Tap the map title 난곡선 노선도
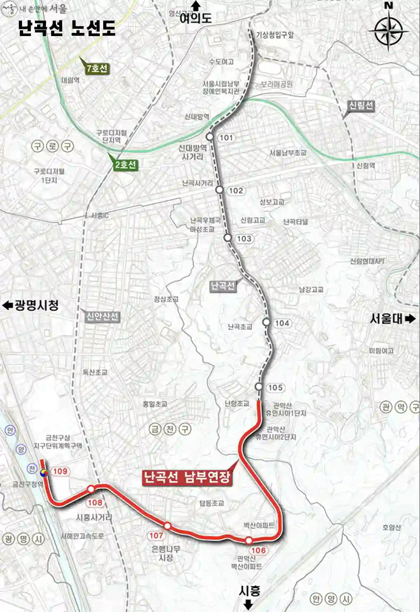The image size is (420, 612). pyautogui.click(x=66, y=28)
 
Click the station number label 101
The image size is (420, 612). pyautogui.click(x=226, y=138)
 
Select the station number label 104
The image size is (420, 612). pyautogui.click(x=282, y=323)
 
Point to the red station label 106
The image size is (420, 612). pyautogui.click(x=258, y=550)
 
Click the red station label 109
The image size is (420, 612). pyautogui.click(x=60, y=471)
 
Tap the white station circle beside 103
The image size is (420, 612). pyautogui.click(x=227, y=238)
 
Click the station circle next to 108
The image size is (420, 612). pyautogui.click(x=91, y=489)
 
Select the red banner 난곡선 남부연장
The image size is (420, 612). pyautogui.click(x=187, y=477)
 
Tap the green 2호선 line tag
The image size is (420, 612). pyautogui.click(x=126, y=165)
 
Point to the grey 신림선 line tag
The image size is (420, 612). pyautogui.click(x=361, y=105)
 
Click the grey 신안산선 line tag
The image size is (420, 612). pyautogui.click(x=102, y=317)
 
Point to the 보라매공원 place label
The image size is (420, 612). pyautogui.click(x=276, y=84)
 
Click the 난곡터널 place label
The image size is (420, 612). pyautogui.click(x=295, y=222)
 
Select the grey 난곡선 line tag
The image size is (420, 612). pyautogui.click(x=223, y=286)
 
